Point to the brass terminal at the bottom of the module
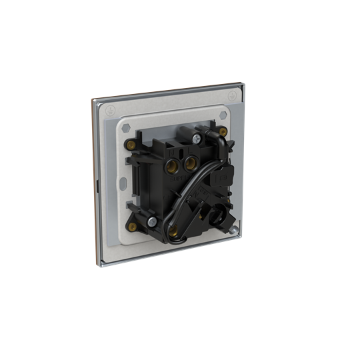(178, 233)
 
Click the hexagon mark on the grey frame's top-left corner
(125, 127)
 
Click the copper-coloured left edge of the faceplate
(93, 167)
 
